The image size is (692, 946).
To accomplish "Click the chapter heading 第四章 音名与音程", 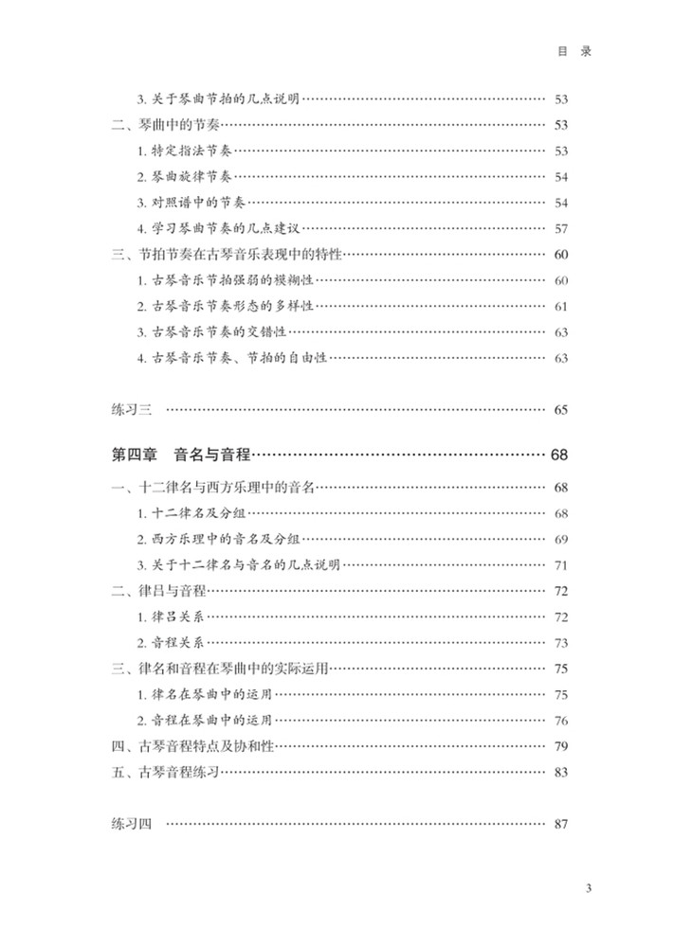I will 181,455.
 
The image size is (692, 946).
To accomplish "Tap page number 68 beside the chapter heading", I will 558,455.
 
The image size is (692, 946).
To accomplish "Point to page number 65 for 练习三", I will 560,410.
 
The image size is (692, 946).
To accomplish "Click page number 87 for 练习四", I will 560,824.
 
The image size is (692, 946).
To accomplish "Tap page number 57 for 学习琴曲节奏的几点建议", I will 560,228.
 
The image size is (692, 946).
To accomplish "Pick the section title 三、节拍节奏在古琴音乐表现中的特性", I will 226,255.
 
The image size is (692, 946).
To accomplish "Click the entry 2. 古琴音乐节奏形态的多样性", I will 225,306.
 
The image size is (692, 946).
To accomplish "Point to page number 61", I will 560,306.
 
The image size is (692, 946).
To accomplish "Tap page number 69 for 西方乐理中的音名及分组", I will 560,539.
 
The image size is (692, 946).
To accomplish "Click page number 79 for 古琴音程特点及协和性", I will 560,746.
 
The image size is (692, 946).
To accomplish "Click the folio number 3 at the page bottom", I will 589,888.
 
